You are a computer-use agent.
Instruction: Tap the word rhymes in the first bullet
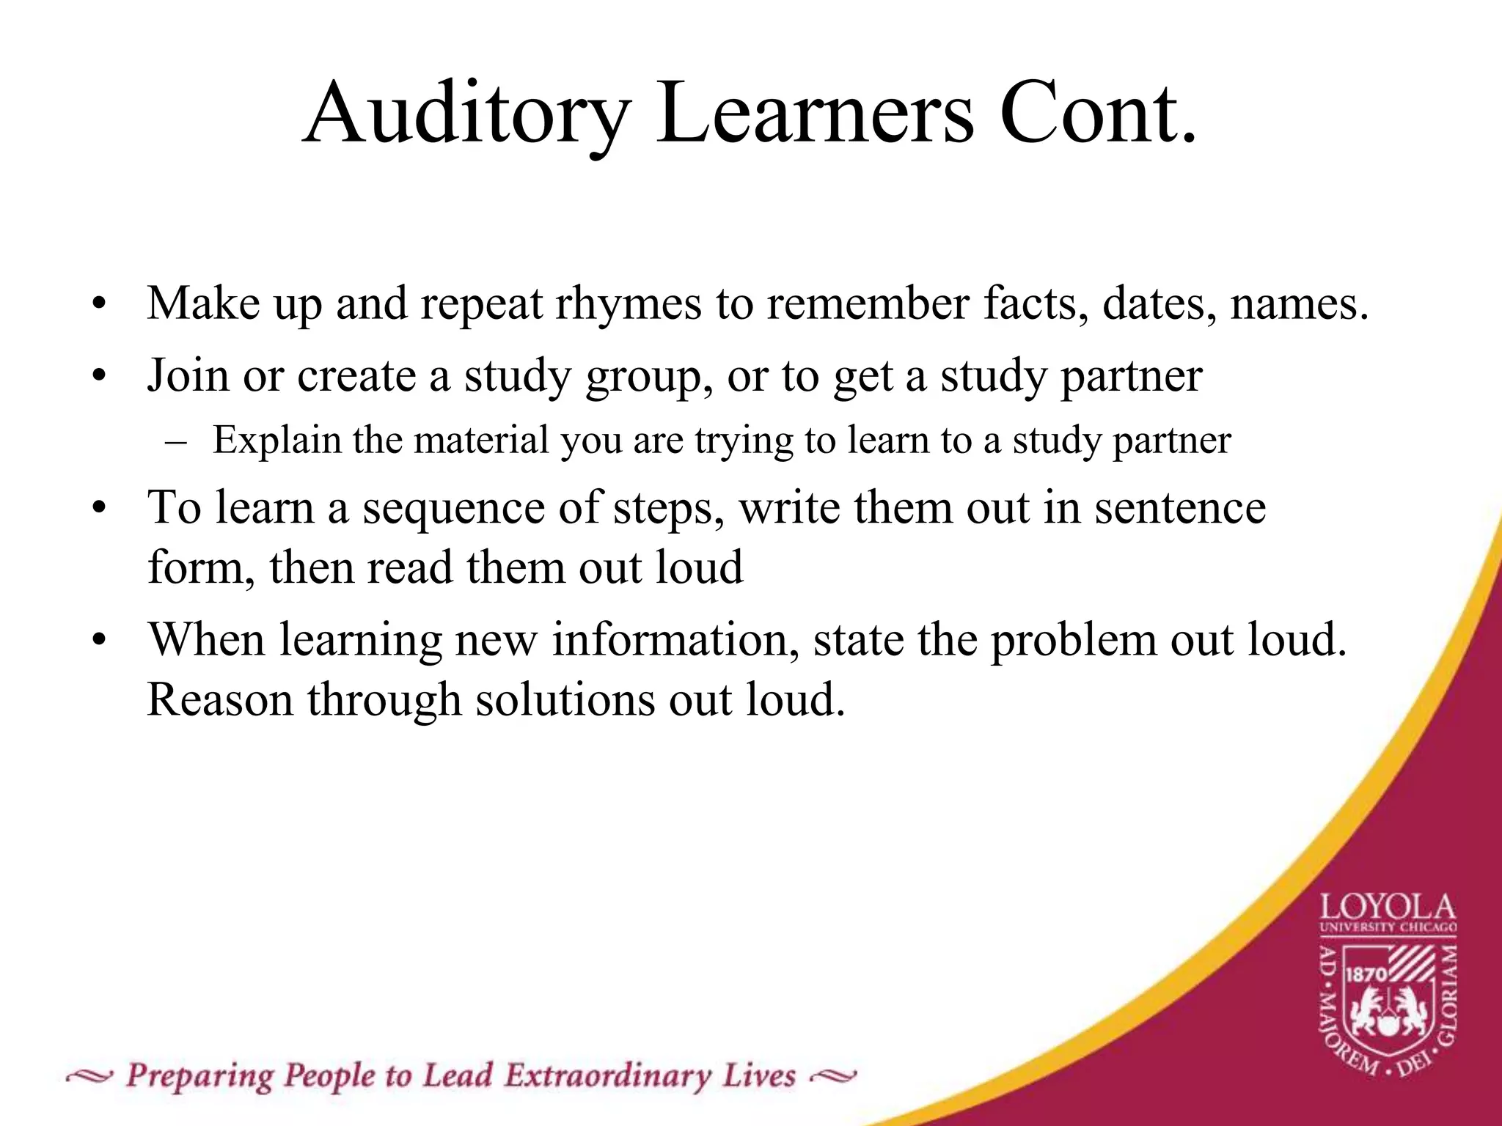coord(628,303)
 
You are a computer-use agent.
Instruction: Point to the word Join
coord(188,375)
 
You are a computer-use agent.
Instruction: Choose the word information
coord(675,640)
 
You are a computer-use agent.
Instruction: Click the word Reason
coord(220,699)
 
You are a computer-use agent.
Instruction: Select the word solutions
coord(565,699)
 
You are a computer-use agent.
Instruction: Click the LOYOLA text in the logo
coord(1388,908)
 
